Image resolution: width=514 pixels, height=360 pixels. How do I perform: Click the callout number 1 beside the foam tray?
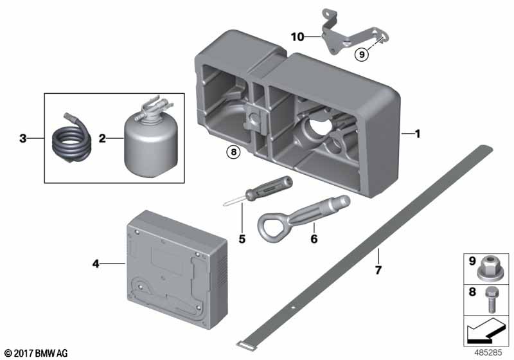pyautogui.click(x=417, y=134)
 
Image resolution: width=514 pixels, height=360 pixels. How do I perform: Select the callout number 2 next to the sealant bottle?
pyautogui.click(x=102, y=138)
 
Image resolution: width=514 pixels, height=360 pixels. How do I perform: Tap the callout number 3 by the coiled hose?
pyautogui.click(x=22, y=138)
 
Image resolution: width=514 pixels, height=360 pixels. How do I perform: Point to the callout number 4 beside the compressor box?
pyautogui.click(x=96, y=263)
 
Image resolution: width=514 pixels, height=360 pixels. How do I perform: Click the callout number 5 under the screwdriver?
pyautogui.click(x=242, y=239)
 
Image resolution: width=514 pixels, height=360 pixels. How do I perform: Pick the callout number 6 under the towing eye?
pyautogui.click(x=314, y=239)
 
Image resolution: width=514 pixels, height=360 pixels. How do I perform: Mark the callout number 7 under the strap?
pyautogui.click(x=378, y=271)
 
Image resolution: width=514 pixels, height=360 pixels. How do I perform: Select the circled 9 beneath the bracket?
pyautogui.click(x=362, y=56)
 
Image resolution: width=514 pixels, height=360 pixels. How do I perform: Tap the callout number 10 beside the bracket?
pyautogui.click(x=297, y=38)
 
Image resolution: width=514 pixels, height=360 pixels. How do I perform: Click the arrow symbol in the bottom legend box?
pyautogui.click(x=486, y=333)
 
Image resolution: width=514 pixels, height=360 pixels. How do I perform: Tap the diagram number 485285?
pyautogui.click(x=491, y=353)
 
